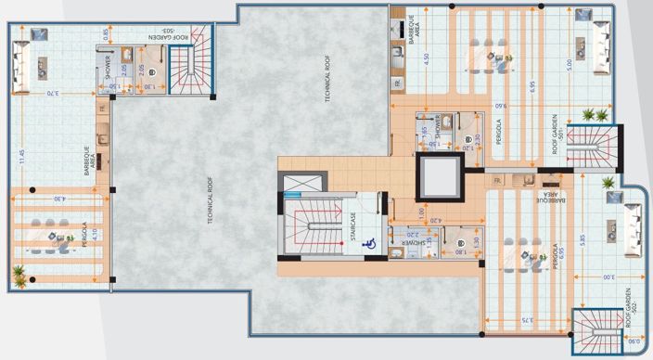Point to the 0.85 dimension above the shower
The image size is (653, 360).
tap(105, 35)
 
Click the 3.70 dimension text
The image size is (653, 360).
tap(52, 93)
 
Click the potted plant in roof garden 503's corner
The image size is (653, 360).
tap(19, 273)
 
